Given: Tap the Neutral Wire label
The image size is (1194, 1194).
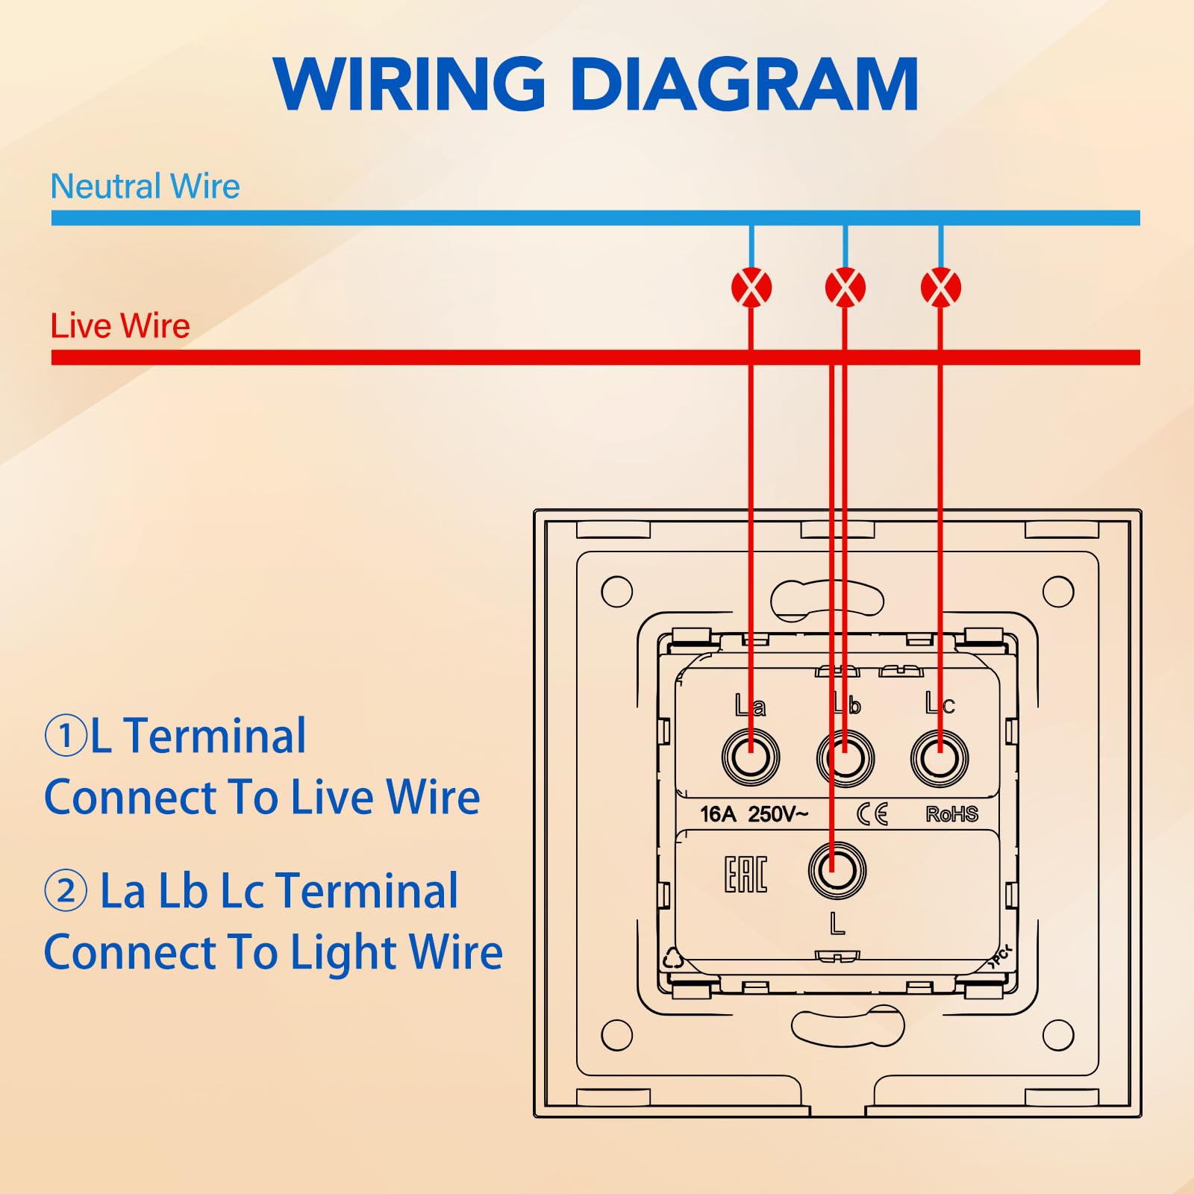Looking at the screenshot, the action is [x=145, y=186].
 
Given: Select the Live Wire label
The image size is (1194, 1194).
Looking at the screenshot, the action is [x=120, y=326].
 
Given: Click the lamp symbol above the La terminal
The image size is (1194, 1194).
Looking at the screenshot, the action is [x=751, y=287].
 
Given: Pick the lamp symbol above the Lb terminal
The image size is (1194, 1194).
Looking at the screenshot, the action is [x=846, y=287].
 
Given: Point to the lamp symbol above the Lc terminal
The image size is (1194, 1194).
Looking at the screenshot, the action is [x=941, y=287].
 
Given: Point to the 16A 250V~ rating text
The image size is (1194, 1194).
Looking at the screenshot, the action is [x=754, y=814].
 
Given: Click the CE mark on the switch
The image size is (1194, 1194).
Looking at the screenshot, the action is [x=872, y=814].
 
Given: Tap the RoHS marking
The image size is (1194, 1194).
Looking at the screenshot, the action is [x=951, y=814].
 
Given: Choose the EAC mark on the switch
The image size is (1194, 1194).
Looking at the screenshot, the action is [x=746, y=874].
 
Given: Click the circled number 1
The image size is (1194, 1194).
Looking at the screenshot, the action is [x=66, y=736].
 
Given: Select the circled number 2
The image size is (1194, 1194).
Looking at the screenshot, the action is [x=66, y=891].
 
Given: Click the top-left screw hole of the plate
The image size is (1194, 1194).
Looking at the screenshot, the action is [x=616, y=592].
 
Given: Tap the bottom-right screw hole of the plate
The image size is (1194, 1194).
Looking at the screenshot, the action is [x=1058, y=1035].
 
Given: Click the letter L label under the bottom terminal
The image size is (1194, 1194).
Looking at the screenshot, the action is [x=837, y=925].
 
